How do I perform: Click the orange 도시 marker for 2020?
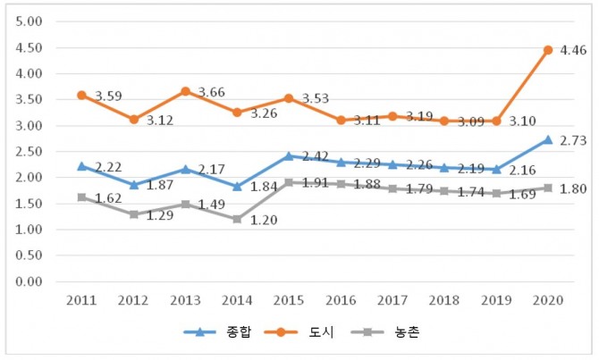pos(548,50)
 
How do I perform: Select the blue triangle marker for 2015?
pos(289,155)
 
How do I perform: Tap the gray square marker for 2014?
pos(237,219)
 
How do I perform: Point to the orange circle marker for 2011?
pos(81,95)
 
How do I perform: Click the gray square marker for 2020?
pos(548,188)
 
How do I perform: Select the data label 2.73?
pos(572,141)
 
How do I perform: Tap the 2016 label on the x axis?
pos(341,300)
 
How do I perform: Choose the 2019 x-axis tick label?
pos(496,300)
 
